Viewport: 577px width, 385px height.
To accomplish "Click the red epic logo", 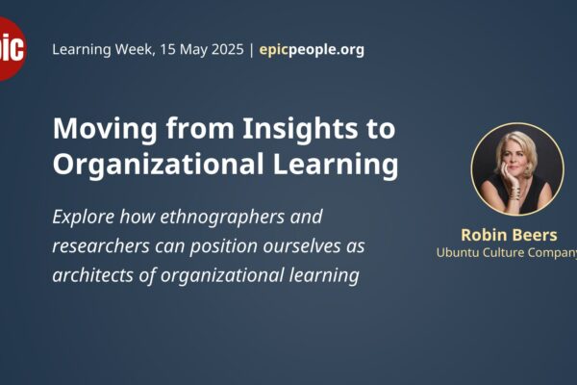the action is pyautogui.click(x=12, y=49).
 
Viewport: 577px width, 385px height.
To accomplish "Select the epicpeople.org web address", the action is pyautogui.click(x=312, y=50).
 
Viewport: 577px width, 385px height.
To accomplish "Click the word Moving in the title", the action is pyautogui.click(x=105, y=130).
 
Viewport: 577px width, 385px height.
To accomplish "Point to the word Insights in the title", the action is pyautogui.click(x=299, y=129).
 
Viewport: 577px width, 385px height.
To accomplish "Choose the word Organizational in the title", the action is pyautogui.click(x=159, y=164).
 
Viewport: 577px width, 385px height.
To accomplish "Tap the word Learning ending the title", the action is pyautogui.click(x=336, y=165).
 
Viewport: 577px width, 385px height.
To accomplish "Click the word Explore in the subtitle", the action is pyautogui.click(x=83, y=218).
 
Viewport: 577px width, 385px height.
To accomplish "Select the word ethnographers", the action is pyautogui.click(x=222, y=217).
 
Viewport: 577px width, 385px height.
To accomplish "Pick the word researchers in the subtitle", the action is pyautogui.click(x=101, y=246).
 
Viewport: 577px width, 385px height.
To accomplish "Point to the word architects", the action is pyautogui.click(x=93, y=275).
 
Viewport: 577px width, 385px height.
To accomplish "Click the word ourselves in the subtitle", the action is pyautogui.click(x=302, y=246).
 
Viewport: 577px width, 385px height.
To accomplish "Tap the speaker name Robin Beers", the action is pyautogui.click(x=509, y=235).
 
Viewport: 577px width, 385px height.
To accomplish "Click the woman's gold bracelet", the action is pyautogui.click(x=514, y=193).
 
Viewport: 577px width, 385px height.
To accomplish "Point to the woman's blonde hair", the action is pyautogui.click(x=516, y=145).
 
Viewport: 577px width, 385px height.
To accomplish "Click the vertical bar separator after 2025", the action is pyautogui.click(x=251, y=50).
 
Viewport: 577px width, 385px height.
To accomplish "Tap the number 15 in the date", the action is pyautogui.click(x=166, y=49).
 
